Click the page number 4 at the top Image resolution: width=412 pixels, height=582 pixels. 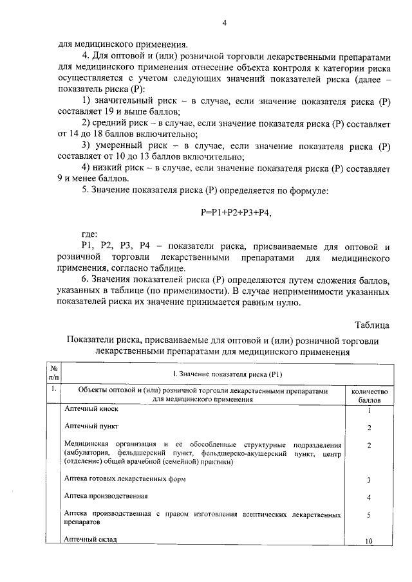224,23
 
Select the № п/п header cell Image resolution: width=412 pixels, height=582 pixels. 55,373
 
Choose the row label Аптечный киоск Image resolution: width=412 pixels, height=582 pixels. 92,409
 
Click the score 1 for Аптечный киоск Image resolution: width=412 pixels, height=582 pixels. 369,410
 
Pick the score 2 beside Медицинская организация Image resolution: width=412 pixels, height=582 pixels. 369,445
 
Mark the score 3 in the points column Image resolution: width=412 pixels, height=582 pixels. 369,480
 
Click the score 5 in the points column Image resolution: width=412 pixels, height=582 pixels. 369,515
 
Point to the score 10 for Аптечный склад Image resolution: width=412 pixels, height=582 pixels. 369,541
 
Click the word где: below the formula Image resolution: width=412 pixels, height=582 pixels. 90,235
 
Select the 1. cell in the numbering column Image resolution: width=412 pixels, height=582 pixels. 54,390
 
